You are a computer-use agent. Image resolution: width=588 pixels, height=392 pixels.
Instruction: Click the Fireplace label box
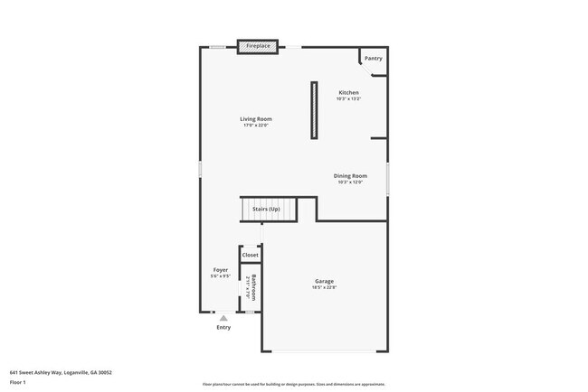point(258,45)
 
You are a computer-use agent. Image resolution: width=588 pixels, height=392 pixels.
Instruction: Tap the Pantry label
point(373,59)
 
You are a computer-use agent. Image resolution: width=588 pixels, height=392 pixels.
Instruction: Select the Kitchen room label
point(348,93)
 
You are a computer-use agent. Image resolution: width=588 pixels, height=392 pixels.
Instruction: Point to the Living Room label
point(256,119)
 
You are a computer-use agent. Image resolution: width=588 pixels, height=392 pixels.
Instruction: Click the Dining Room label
point(350,175)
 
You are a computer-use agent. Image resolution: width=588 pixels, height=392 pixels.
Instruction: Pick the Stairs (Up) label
point(266,210)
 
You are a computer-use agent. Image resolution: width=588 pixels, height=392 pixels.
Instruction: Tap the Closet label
point(251,256)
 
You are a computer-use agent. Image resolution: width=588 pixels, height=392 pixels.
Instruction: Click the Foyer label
point(220,270)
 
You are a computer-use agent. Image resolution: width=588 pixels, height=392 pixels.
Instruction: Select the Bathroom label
point(254,286)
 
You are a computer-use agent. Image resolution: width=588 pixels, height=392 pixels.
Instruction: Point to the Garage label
point(325,281)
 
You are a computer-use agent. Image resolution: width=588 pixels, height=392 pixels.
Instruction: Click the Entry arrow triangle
point(223,317)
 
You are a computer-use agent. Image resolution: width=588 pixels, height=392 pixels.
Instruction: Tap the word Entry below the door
point(223,327)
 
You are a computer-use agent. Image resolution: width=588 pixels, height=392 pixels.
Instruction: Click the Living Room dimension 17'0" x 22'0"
point(256,126)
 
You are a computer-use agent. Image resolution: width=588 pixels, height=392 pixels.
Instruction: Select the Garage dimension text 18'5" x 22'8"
point(325,287)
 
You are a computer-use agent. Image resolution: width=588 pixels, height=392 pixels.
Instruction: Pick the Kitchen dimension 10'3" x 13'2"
point(348,99)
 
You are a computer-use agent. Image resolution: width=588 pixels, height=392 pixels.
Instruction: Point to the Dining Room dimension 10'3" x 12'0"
point(350,182)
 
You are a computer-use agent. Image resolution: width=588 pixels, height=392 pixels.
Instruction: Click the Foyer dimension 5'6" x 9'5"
point(220,276)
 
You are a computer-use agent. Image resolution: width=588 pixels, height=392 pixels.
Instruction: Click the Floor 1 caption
point(18,382)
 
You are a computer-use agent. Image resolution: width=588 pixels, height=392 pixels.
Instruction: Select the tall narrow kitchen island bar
point(314,110)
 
